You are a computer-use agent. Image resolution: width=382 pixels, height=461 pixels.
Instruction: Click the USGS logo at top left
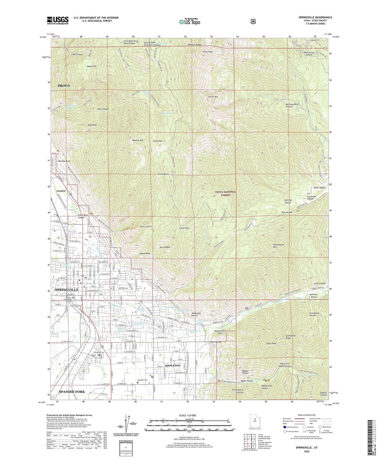coord(58,20)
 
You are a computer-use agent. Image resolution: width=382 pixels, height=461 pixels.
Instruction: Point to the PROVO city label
coord(64,86)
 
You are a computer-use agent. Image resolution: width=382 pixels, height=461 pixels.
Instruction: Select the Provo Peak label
coord(208,52)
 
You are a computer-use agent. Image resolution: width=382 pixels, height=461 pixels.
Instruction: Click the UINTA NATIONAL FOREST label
coord(226,194)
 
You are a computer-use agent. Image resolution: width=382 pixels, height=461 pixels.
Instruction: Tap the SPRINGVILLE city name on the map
coord(67,290)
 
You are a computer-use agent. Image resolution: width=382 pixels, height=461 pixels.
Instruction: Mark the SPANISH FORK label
coord(72,392)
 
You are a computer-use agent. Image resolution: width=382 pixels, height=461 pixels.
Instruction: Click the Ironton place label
coord(61,191)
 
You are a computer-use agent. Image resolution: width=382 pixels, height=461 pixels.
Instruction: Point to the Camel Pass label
coord(184,228)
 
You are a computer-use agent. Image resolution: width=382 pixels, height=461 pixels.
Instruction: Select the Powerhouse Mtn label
coord(278,246)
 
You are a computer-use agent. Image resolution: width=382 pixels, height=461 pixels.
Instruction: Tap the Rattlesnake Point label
coord(216,332)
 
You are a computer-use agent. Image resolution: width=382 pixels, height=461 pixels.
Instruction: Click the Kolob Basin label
coord(163,174)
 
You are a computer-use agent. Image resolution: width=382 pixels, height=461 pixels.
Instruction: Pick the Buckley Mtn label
coord(138,140)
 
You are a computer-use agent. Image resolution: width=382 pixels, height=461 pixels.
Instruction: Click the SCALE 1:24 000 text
coord(187,415)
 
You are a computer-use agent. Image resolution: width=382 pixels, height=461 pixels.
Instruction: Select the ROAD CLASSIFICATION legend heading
coord(306,415)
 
